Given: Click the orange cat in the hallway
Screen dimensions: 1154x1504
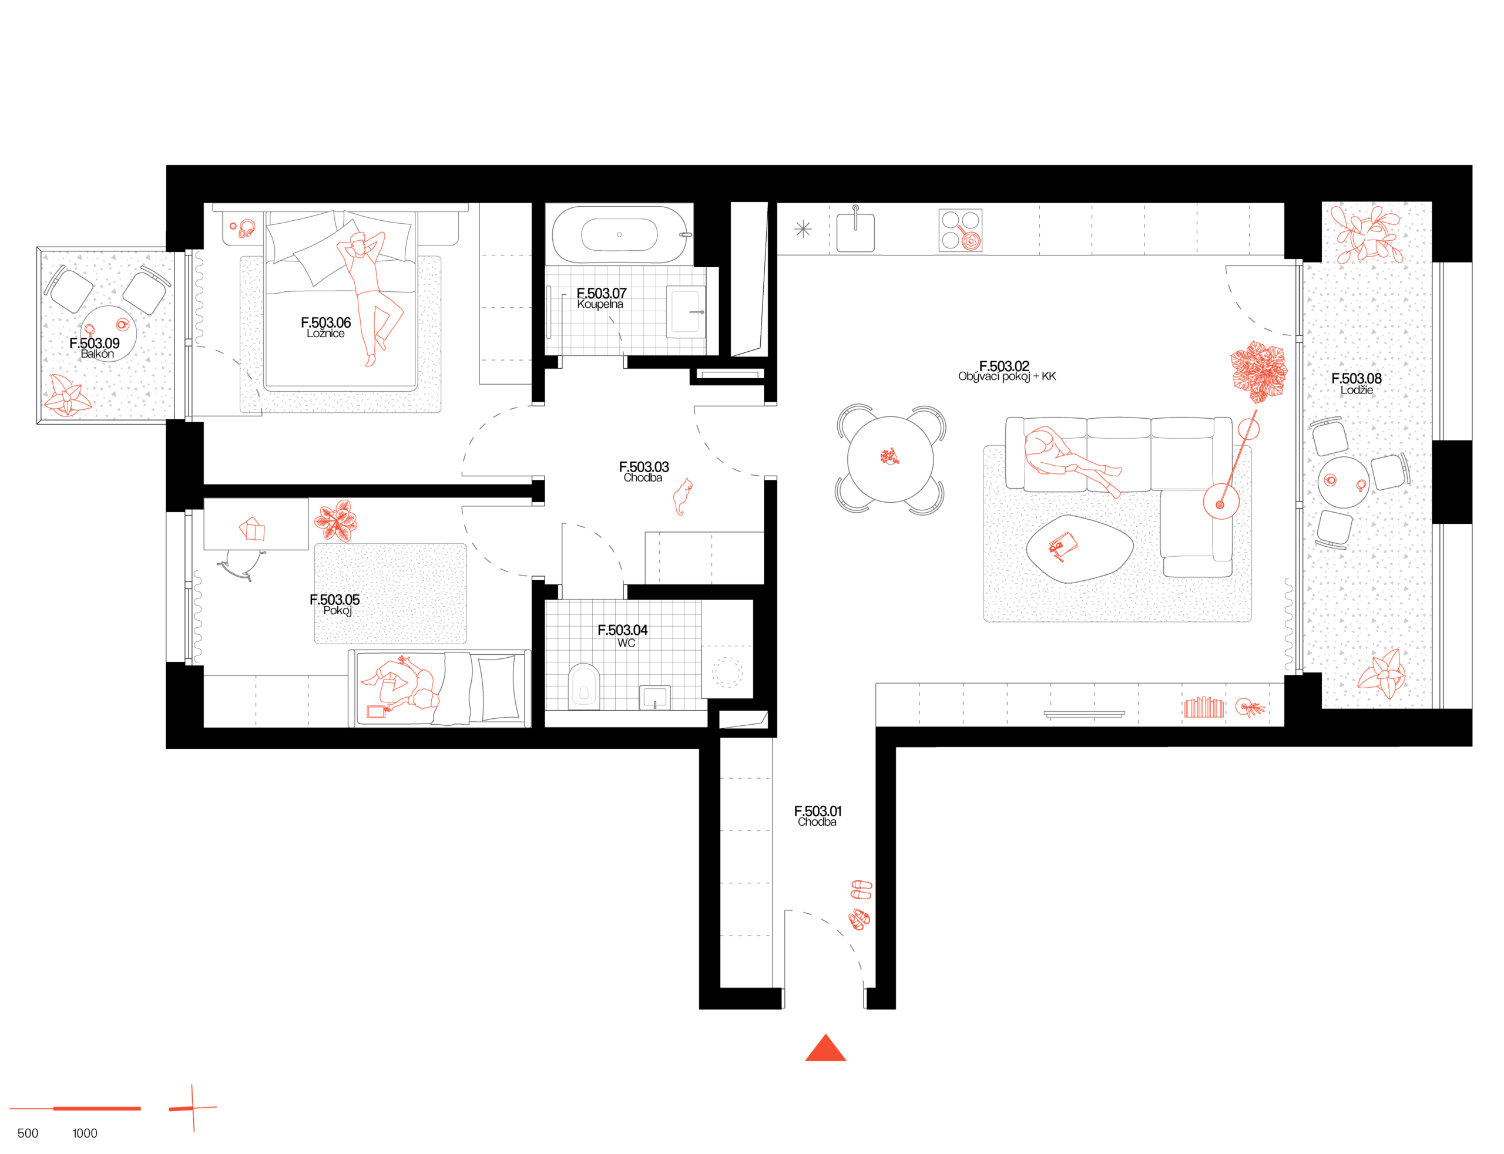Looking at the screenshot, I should [x=682, y=496].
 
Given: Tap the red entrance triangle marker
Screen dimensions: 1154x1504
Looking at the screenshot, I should [x=825, y=1049].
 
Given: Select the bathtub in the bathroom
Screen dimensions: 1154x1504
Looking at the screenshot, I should [x=619, y=234].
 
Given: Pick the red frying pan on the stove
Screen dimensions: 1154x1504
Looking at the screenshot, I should [x=969, y=240].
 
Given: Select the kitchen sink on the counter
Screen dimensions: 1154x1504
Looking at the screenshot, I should [x=855, y=231].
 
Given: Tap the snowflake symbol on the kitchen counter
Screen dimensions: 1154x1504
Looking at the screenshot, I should [x=803, y=228].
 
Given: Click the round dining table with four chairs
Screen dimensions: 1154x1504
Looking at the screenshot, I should [x=891, y=459].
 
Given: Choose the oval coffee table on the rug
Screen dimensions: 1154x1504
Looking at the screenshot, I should [x=1078, y=548].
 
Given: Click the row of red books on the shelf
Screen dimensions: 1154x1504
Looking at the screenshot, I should [x=1203, y=708].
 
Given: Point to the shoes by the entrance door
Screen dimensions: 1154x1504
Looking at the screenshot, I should [x=860, y=904].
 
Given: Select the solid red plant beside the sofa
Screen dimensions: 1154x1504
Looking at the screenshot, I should [x=1258, y=371].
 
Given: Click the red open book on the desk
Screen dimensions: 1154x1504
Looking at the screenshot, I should [x=252, y=529].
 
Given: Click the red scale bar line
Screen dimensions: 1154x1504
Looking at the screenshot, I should [x=76, y=1109].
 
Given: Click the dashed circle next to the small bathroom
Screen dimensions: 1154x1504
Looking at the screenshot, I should [x=727, y=672].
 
